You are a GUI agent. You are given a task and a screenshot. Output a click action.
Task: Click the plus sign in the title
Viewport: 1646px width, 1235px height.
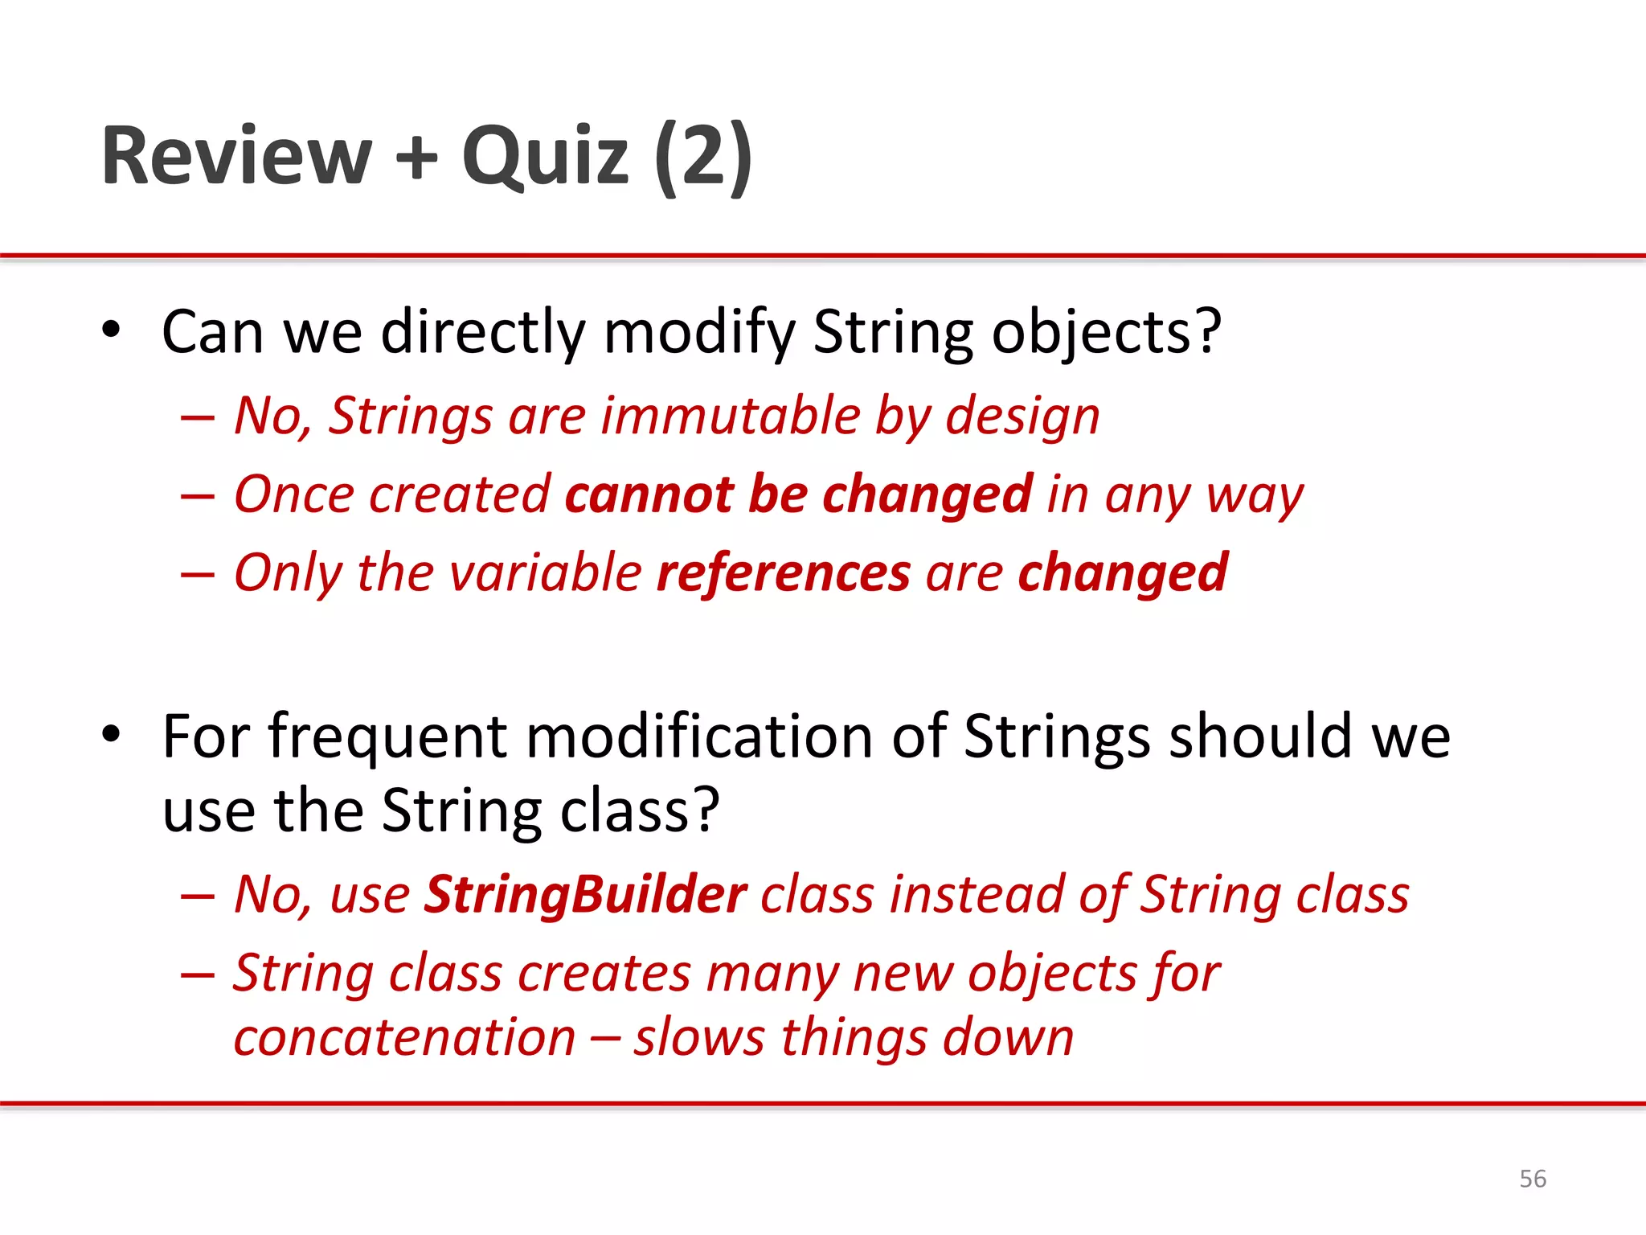[x=416, y=157]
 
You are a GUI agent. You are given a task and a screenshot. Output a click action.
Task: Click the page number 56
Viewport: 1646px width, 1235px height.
[x=1532, y=1179]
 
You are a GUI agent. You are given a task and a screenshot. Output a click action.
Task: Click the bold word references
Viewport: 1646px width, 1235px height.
[x=783, y=572]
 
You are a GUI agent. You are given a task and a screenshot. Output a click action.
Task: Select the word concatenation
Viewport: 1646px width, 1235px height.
[x=404, y=1037]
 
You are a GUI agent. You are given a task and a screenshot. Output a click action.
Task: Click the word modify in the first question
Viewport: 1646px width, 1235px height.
[x=698, y=332]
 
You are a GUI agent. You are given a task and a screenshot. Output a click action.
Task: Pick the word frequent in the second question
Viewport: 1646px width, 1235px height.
[x=387, y=736]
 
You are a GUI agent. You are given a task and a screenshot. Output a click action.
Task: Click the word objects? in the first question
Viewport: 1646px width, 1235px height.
[x=1106, y=332]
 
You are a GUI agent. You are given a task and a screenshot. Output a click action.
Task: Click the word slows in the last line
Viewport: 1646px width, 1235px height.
[x=698, y=1037]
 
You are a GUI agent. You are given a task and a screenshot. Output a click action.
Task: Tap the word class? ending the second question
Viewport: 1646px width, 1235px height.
[x=639, y=810]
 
